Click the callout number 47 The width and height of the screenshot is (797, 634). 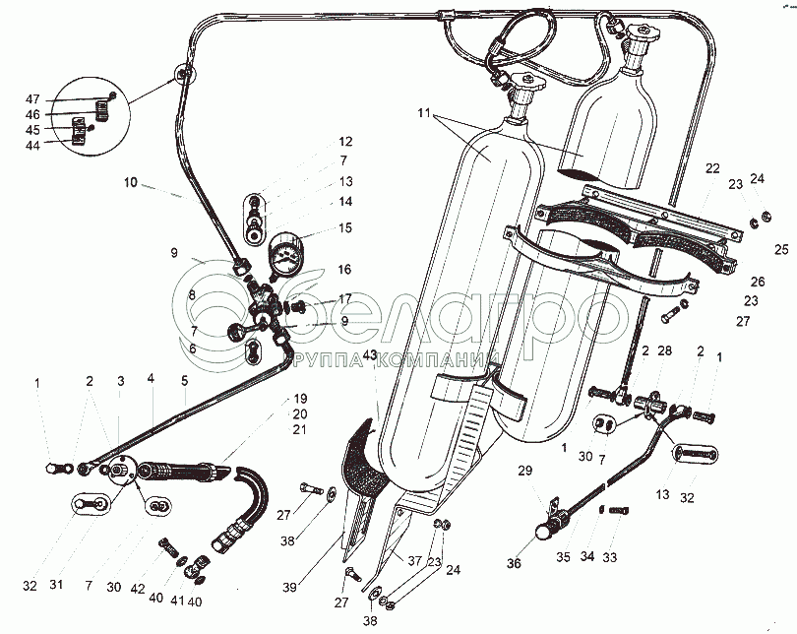32,99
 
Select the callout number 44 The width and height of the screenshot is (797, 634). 32,145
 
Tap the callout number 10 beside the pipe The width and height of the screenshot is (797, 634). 131,181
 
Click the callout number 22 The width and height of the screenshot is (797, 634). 712,168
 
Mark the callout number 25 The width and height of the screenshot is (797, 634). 781,247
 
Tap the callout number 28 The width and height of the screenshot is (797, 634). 664,351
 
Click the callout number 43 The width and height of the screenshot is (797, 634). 370,355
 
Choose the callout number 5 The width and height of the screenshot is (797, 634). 183,378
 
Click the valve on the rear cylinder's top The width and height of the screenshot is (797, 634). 637,39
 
